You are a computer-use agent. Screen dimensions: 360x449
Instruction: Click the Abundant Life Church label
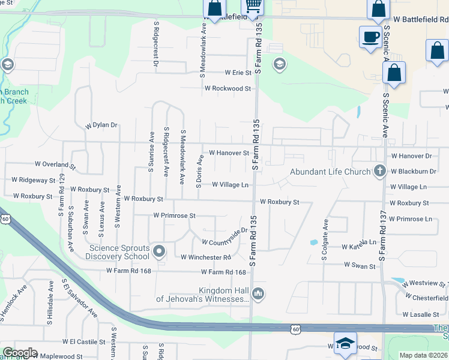pyautogui.click(x=330, y=172)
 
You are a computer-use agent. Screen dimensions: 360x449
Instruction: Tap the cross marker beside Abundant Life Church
pyautogui.click(x=379, y=172)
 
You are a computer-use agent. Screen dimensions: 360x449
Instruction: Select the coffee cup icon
pyautogui.click(x=370, y=37)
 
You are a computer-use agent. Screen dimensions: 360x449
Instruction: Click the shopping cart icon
pyautogui.click(x=253, y=7)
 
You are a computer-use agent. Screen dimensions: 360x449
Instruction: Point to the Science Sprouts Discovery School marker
pyautogui.click(x=159, y=251)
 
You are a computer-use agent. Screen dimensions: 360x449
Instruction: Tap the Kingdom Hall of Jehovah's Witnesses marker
pyautogui.click(x=258, y=293)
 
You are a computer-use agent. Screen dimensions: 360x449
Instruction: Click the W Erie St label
pyautogui.click(x=238, y=73)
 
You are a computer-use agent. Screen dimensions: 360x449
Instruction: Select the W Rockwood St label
pyautogui.click(x=228, y=88)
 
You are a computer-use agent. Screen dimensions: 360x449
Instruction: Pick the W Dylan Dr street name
pyautogui.click(x=101, y=125)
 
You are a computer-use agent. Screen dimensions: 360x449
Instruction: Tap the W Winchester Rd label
pyautogui.click(x=206, y=257)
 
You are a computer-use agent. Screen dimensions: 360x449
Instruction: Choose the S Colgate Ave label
pyautogui.click(x=325, y=239)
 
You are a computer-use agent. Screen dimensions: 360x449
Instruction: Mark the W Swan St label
pyautogui.click(x=360, y=265)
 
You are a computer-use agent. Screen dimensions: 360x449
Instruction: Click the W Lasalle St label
pyautogui.click(x=421, y=314)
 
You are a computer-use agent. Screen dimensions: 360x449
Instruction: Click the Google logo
pyautogui.click(x=20, y=353)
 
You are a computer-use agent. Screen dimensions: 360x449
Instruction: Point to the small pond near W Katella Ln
pyautogui.click(x=313, y=243)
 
